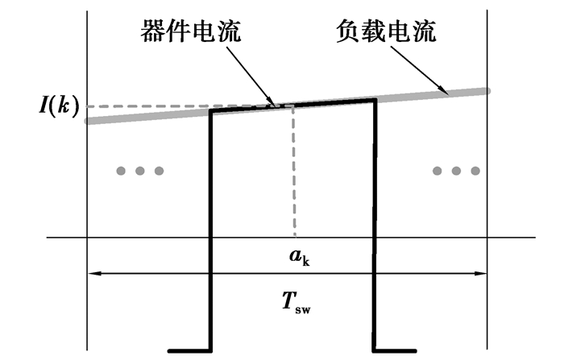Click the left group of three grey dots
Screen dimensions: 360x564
coord(140,171)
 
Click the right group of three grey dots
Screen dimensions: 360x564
coord(456,171)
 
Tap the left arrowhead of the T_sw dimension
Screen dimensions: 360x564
coord(91,274)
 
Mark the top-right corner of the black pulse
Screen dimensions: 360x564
coord(375,99)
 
